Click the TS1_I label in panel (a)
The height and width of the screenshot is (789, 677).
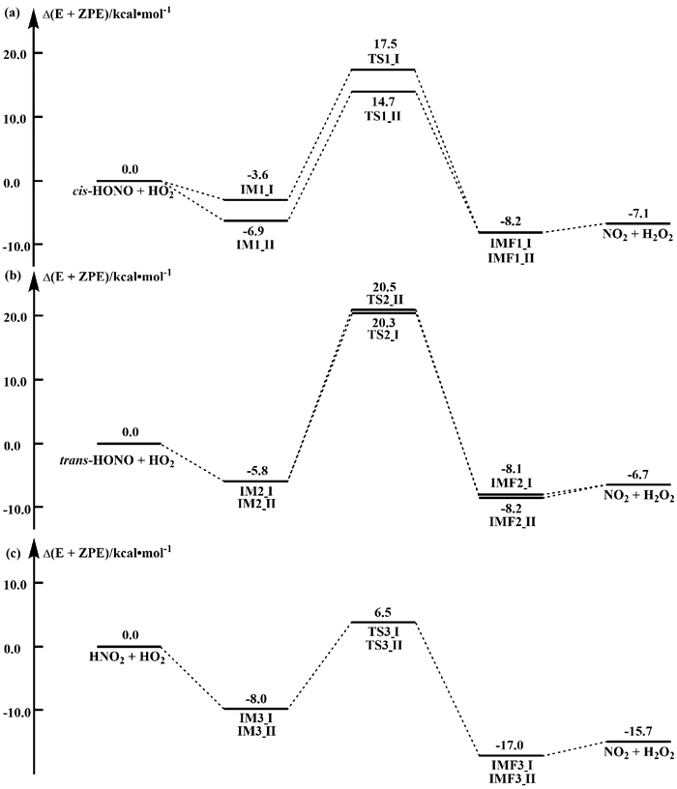point(387,59)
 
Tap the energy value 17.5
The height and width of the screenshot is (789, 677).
point(387,44)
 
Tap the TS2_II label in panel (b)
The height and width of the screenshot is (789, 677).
point(387,301)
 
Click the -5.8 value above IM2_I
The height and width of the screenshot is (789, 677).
point(255,471)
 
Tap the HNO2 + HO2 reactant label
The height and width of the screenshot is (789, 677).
point(125,658)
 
